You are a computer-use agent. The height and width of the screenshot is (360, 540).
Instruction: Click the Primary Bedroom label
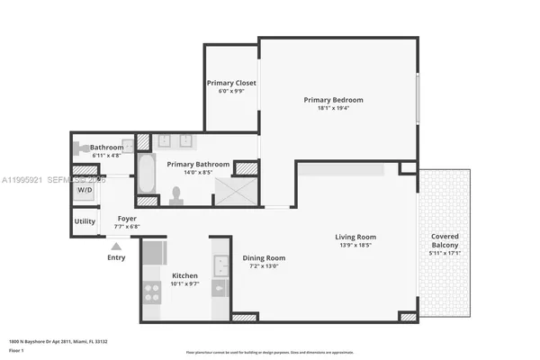tap(333, 99)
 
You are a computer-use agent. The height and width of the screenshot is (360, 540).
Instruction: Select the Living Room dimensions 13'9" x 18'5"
tap(358, 246)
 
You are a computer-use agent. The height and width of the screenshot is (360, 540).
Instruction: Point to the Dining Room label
tap(264, 258)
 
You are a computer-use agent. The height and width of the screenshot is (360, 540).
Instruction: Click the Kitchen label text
tap(184, 275)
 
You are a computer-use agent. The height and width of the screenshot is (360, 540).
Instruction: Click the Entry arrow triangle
tap(115, 245)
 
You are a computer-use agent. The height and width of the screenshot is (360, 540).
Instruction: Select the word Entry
tap(116, 257)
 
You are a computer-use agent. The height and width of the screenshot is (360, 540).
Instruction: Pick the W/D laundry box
tap(85, 190)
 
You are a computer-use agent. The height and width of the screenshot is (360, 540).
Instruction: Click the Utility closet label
tap(85, 220)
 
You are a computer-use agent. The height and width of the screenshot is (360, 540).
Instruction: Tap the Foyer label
tap(127, 218)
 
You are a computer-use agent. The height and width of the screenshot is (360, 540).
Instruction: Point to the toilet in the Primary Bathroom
tap(176, 193)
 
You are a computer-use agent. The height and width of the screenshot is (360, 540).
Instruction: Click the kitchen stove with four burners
tap(152, 292)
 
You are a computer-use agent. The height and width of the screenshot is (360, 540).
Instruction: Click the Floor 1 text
tap(17, 350)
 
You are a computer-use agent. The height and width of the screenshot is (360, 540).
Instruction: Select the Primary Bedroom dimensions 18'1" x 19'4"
tap(333, 108)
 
